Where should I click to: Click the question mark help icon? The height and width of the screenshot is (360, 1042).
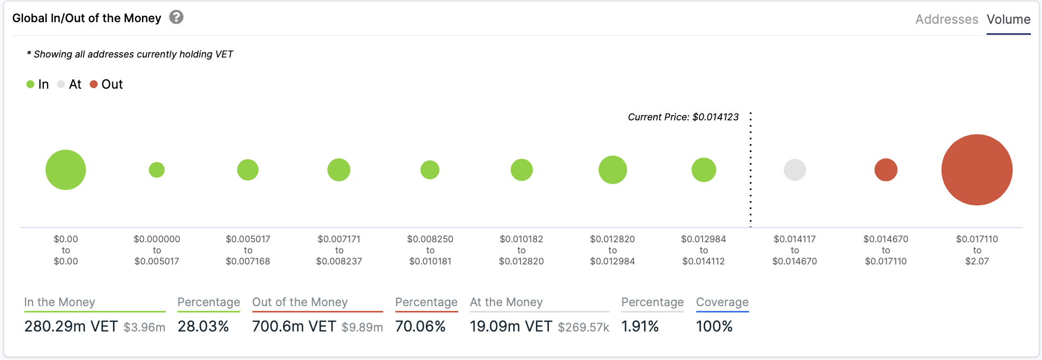point(176,17)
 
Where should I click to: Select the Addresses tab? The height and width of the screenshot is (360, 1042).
point(946,20)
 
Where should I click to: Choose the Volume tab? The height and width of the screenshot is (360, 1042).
point(1008,20)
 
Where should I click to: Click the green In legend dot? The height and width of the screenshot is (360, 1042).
point(31,84)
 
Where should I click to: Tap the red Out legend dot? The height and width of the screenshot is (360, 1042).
point(94,84)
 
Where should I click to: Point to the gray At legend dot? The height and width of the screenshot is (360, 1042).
point(61,84)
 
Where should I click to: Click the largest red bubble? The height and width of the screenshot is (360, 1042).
point(977,170)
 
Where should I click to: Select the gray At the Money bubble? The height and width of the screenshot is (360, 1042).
point(794,170)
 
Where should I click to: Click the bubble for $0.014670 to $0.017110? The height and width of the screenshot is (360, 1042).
point(886,170)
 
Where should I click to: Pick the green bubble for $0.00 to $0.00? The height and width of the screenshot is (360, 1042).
point(65,170)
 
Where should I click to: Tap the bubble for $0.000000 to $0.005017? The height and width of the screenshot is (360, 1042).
point(157,170)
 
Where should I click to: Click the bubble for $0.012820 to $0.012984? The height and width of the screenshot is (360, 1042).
point(612,170)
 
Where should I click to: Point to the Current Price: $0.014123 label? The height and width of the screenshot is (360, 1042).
point(683,117)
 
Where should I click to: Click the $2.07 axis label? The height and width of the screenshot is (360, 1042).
point(977,261)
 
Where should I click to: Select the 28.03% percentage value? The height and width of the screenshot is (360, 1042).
point(203,327)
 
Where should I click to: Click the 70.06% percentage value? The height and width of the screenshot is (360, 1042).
point(420,327)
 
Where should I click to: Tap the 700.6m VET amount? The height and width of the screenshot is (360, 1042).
point(294,327)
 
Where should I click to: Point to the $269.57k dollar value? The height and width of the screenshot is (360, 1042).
point(583,327)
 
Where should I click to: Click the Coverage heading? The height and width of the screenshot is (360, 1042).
point(722,302)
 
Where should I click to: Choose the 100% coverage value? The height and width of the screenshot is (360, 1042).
point(714,327)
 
